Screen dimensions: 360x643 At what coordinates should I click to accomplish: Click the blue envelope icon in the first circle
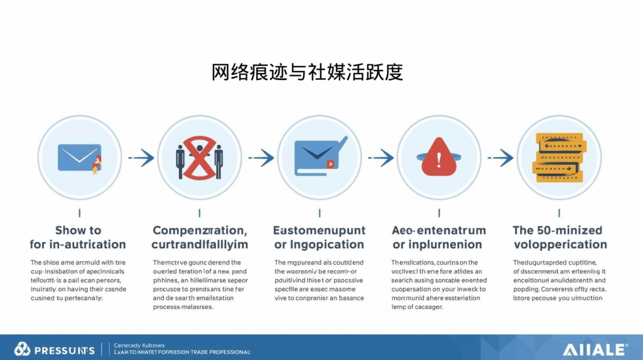click(78, 157)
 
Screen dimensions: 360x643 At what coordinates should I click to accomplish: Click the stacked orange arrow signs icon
click(559, 157)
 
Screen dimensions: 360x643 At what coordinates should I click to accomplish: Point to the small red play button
click(331, 165)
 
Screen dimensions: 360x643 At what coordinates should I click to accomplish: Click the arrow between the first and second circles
click(141, 158)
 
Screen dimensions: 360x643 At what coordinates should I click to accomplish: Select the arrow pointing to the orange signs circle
click(500, 158)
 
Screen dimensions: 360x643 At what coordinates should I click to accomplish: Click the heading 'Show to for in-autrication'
click(78, 237)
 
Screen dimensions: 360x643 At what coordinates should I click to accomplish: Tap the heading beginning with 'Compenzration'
click(200, 237)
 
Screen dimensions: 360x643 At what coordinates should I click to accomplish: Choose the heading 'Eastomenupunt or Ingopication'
click(319, 237)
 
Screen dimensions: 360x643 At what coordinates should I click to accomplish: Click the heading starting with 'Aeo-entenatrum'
click(438, 237)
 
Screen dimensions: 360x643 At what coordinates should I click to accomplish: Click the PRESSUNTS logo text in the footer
click(64, 350)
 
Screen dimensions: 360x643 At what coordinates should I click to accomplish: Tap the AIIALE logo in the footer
click(595, 349)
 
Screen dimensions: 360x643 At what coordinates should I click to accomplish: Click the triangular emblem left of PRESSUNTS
click(23, 349)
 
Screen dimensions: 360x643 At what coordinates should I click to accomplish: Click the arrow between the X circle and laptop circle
click(261, 158)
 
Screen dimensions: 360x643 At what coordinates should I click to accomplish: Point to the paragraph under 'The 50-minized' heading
click(559, 280)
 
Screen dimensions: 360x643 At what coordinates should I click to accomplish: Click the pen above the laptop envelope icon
click(340, 143)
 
